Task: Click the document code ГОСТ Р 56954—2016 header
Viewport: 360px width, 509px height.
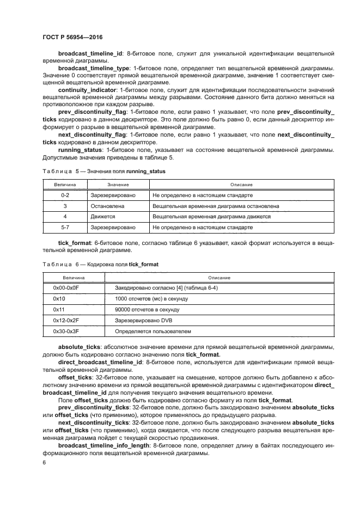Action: tap(72, 37)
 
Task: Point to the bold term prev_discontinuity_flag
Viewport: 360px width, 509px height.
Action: tap(93, 111)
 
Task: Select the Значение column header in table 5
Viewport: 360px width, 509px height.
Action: tap(118, 185)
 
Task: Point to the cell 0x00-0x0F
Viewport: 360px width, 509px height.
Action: tap(66, 288)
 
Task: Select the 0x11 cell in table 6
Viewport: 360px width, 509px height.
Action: tap(59, 309)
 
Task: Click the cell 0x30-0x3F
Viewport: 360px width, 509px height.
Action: tap(66, 330)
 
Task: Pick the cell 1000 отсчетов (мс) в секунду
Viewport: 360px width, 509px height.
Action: tap(151, 299)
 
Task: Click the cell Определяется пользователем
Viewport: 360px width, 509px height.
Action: tap(153, 330)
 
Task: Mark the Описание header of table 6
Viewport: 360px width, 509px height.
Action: tap(219, 278)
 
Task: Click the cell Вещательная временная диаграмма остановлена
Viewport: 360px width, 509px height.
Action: tap(216, 206)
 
